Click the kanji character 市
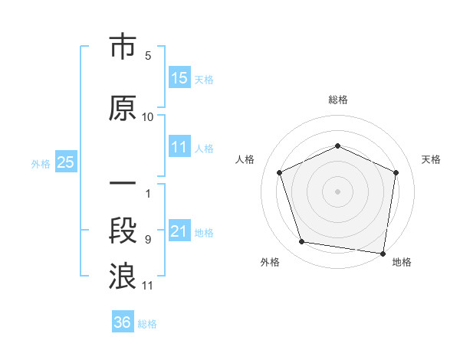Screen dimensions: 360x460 [123, 48]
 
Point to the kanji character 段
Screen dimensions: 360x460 [123, 231]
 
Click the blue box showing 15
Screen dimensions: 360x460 [179, 78]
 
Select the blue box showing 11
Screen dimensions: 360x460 [179, 148]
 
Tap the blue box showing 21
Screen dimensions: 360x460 [179, 231]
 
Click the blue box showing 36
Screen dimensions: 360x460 [123, 322]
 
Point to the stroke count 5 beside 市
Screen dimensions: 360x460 [148, 56]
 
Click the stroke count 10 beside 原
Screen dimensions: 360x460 [148, 117]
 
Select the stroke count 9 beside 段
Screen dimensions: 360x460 [148, 240]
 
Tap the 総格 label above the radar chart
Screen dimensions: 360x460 [338, 100]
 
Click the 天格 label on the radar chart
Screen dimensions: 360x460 [431, 159]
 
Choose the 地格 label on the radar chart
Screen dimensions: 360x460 [402, 262]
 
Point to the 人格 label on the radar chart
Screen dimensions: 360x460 [245, 159]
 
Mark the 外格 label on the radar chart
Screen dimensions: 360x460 [270, 262]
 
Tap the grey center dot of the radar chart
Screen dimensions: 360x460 [338, 191]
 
